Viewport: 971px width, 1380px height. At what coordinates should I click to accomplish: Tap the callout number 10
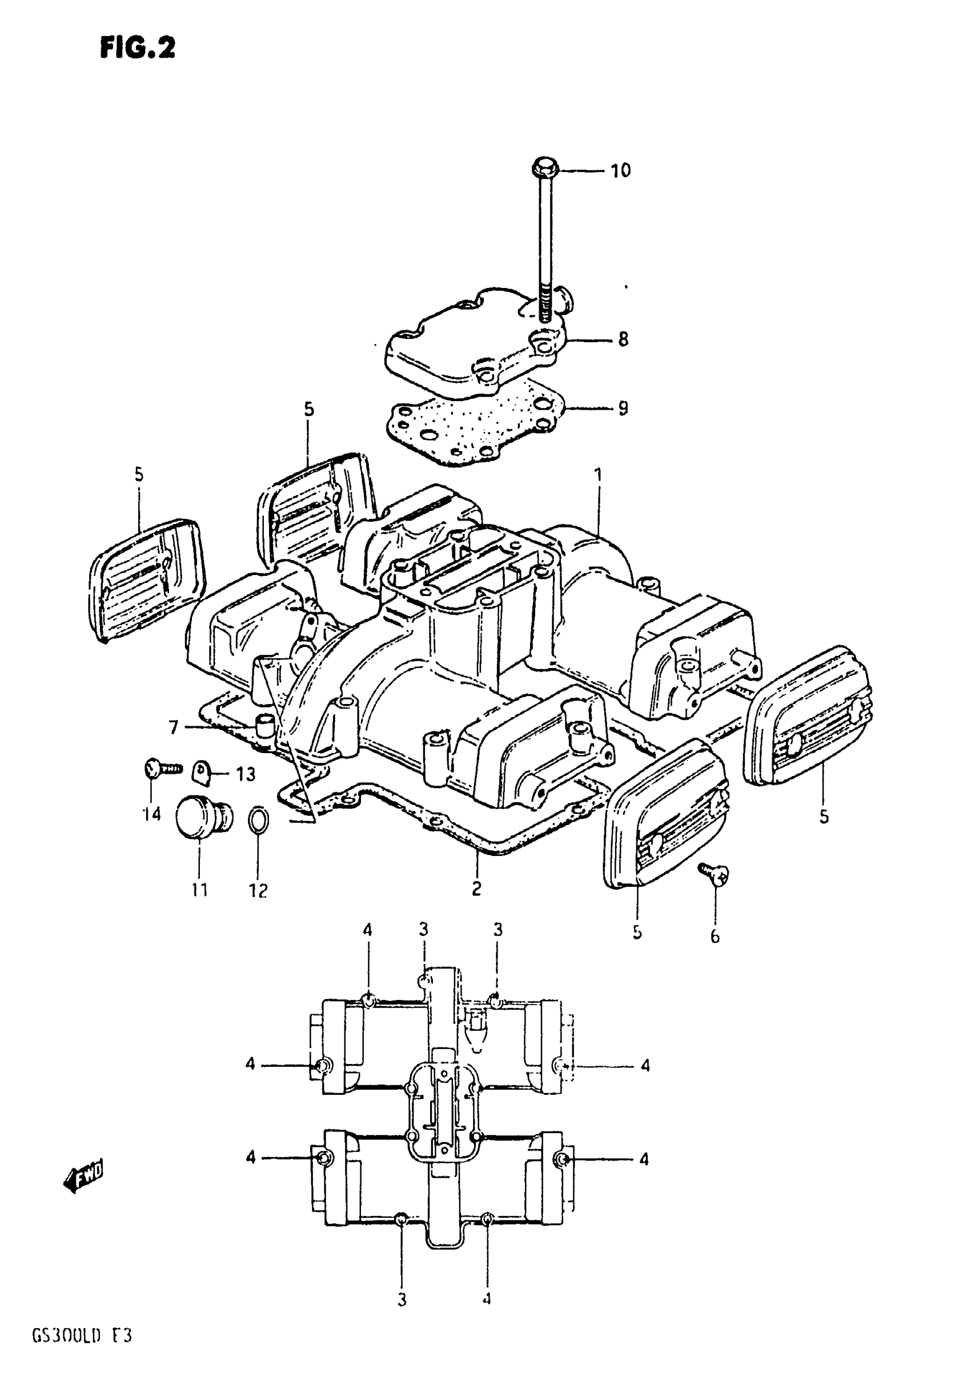[x=621, y=171]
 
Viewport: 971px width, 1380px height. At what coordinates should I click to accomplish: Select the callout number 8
[x=623, y=339]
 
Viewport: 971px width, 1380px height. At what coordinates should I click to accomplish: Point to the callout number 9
[x=623, y=409]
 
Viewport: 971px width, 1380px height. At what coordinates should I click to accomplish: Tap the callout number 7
[x=174, y=728]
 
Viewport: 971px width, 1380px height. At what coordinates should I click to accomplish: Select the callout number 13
[x=245, y=774]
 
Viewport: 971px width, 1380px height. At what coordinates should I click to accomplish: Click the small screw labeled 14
[x=161, y=767]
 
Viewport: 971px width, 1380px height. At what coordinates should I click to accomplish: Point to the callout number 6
[x=715, y=937]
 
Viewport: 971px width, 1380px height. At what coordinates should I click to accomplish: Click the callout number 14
[x=151, y=814]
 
